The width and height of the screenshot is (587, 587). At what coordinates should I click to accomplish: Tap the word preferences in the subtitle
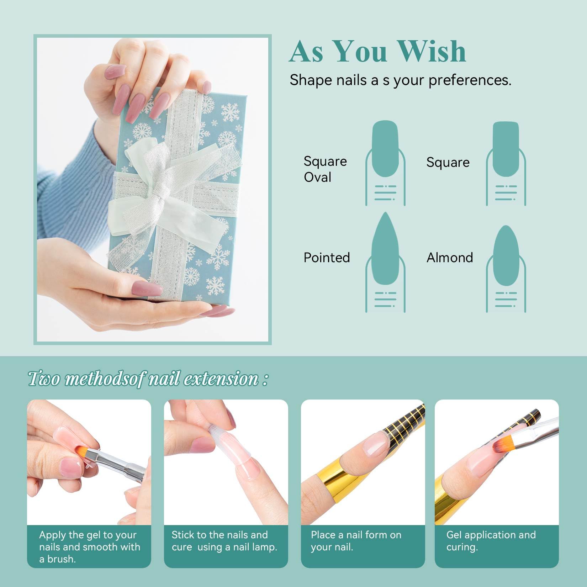pos(470,80)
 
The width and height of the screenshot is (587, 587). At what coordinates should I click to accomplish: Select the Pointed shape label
pos(327,258)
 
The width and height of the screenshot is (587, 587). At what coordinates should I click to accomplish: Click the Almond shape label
pos(450,258)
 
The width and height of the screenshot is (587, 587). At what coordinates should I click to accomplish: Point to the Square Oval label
pos(325,169)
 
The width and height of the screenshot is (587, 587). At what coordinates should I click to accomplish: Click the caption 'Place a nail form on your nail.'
pos(356,541)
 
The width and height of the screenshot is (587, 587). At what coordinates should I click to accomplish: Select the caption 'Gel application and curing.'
pos(491,541)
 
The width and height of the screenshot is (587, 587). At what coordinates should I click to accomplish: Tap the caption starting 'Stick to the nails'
pos(224,541)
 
